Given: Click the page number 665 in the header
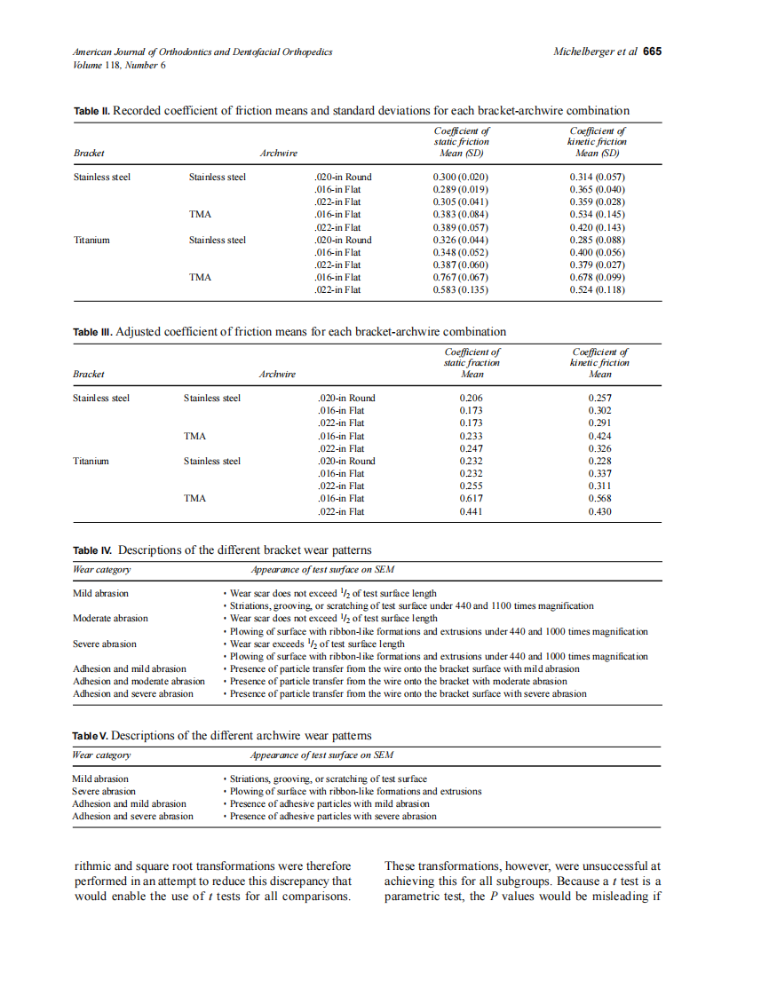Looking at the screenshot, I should (653, 51).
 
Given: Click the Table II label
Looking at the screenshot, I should (91, 111).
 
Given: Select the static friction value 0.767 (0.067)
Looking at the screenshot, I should (461, 277).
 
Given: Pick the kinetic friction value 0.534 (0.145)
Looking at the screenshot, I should (597, 214).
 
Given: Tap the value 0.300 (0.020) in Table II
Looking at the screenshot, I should (461, 177).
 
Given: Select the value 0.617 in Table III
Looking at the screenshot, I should (472, 498).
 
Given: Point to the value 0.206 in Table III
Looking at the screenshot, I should (472, 398).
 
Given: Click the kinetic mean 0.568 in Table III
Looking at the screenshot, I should (599, 498).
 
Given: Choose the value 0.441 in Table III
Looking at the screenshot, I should (472, 511).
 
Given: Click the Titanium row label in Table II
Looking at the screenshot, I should (91, 240).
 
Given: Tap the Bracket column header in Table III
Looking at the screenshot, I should (89, 374).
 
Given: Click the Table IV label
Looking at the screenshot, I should (92, 550).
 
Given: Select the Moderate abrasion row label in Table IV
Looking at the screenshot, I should (110, 618).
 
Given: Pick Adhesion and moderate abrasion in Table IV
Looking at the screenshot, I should (139, 681).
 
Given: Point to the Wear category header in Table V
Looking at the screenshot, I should (101, 755).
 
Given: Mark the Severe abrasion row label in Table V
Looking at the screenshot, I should (104, 791).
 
